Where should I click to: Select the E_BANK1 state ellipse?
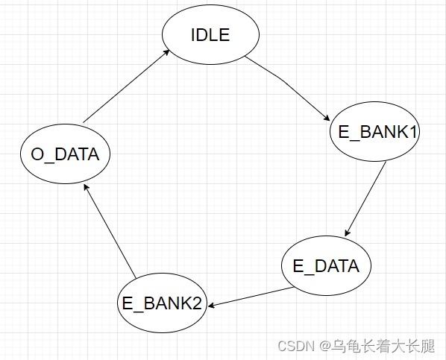(375, 133)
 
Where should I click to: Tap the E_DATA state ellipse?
(326, 266)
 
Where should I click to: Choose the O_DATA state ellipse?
(65, 155)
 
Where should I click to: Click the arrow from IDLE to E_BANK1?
(288, 83)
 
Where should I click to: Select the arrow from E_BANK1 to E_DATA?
(366, 198)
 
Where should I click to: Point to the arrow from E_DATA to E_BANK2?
(250, 297)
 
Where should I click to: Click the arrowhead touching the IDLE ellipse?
(168, 51)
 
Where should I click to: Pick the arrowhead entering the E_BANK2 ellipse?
(213, 304)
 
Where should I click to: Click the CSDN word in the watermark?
(297, 347)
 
